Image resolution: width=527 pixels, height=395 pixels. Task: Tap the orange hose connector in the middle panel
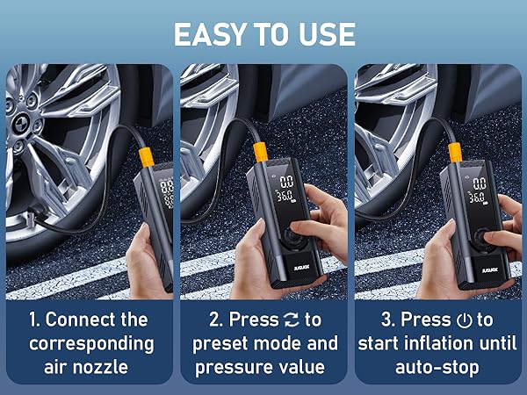260,151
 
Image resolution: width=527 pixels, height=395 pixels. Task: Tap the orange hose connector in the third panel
455,152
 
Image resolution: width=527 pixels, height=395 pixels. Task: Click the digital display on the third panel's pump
480,191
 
